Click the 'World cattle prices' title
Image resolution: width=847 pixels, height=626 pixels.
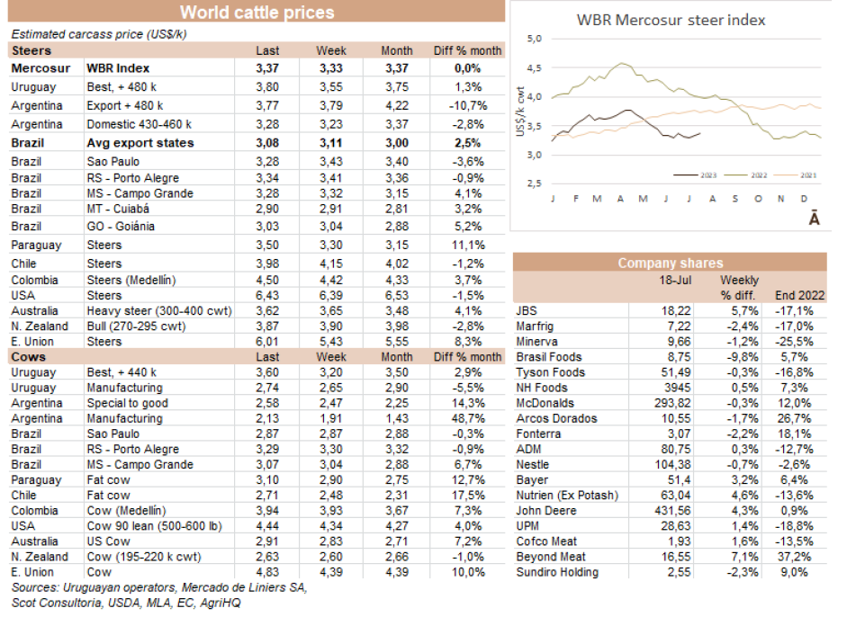(257, 12)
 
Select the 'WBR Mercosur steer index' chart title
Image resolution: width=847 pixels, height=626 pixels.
(671, 20)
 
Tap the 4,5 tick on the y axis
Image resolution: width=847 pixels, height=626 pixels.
(536, 67)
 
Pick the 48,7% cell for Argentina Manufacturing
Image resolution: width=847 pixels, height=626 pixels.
(467, 418)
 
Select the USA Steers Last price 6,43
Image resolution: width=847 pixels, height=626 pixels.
(267, 295)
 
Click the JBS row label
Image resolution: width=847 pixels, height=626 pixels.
(527, 310)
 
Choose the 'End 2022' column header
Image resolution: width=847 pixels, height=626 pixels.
(799, 295)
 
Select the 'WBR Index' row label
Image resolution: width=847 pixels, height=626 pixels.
(118, 67)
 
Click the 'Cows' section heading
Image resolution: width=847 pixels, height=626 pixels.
(29, 357)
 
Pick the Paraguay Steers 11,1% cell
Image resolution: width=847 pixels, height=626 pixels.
(467, 245)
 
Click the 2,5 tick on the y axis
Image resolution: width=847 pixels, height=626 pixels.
(536, 184)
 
